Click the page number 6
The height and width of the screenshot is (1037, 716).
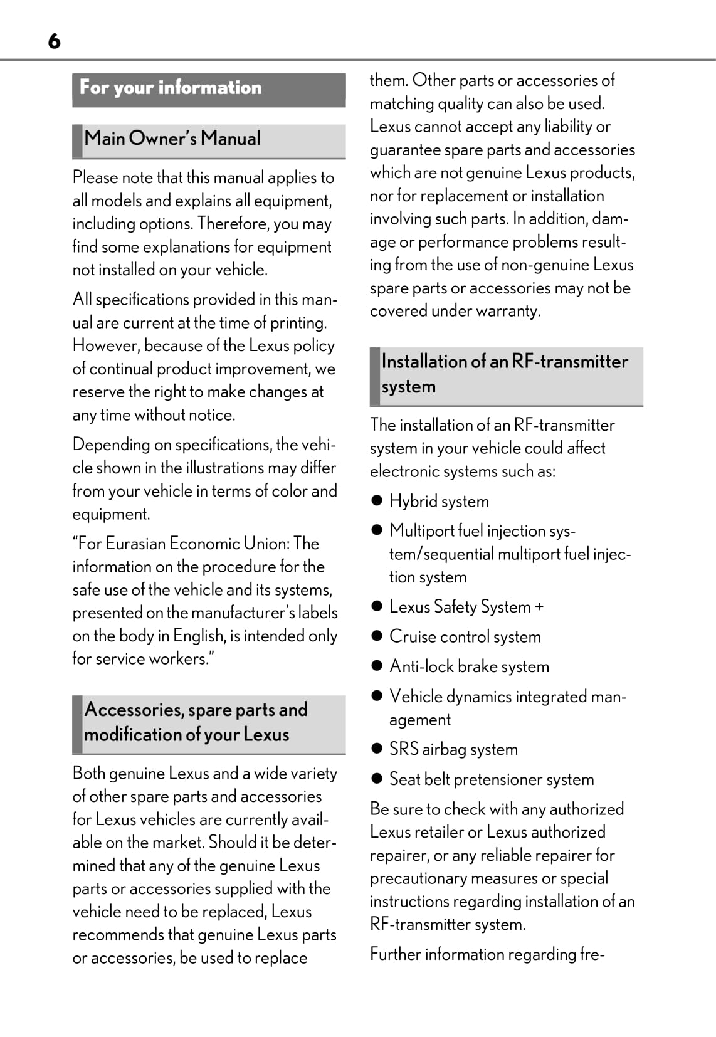point(55,41)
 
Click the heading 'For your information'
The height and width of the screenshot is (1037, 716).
point(171,88)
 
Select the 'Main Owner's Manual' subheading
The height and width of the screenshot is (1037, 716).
point(172,139)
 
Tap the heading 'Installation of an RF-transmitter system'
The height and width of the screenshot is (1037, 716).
point(505,374)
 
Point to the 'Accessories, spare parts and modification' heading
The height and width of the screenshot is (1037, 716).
point(196,722)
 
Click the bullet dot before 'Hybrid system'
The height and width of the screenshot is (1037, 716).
point(377,500)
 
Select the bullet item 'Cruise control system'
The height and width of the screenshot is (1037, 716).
point(465,636)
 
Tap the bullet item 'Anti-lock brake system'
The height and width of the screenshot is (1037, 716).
point(469,666)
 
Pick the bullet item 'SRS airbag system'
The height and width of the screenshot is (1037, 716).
point(453,749)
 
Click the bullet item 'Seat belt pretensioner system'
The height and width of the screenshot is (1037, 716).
point(492,779)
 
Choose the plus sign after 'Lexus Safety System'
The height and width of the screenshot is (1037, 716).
point(539,607)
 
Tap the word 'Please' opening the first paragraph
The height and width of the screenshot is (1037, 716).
point(95,178)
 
